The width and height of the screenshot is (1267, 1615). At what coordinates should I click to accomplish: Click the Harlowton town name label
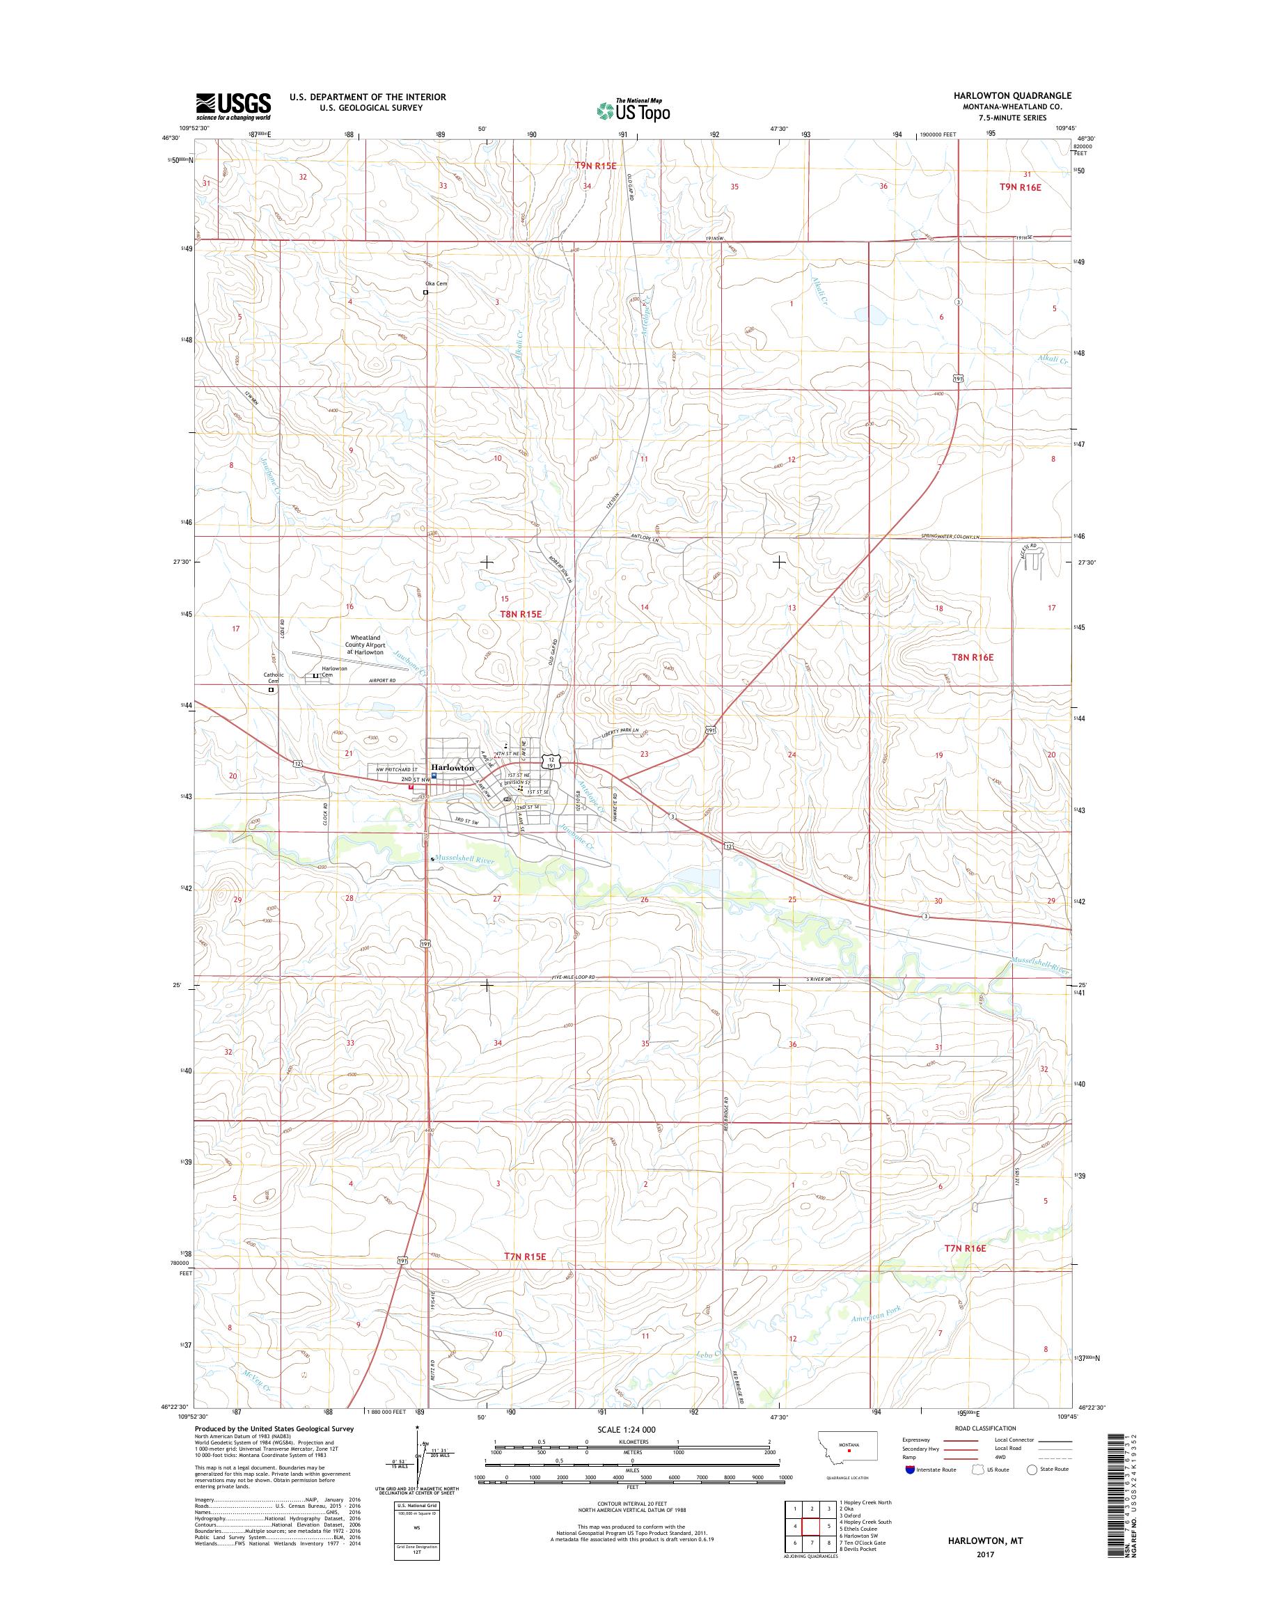pyautogui.click(x=450, y=768)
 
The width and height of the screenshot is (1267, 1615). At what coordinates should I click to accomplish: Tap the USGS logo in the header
pyautogui.click(x=233, y=107)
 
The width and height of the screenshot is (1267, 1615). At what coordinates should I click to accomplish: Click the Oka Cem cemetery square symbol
pyautogui.click(x=425, y=292)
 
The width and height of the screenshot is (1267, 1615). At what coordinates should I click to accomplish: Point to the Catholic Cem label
pyautogui.click(x=273, y=677)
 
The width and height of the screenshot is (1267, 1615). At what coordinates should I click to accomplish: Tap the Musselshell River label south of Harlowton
pyautogui.click(x=466, y=860)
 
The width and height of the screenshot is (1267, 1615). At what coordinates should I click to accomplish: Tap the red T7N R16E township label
pyautogui.click(x=966, y=1249)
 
